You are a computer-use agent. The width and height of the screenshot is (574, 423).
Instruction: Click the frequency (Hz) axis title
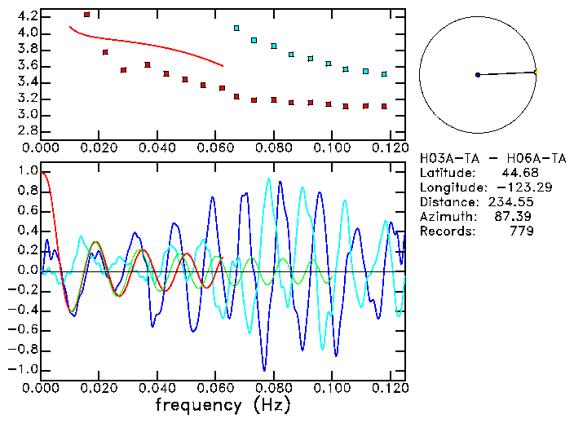click(x=223, y=404)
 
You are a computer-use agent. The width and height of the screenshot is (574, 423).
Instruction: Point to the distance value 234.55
click(x=510, y=202)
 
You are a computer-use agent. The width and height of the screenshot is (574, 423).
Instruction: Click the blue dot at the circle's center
click(x=478, y=75)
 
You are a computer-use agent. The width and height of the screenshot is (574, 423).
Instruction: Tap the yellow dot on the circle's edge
click(x=536, y=73)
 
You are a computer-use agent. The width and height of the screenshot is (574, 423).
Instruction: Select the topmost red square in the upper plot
click(x=87, y=15)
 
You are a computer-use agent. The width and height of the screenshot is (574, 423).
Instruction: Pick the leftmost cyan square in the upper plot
click(x=236, y=28)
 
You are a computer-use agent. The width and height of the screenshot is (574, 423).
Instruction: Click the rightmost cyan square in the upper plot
click(x=384, y=74)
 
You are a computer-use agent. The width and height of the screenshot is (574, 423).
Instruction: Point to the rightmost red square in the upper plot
click(x=384, y=106)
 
